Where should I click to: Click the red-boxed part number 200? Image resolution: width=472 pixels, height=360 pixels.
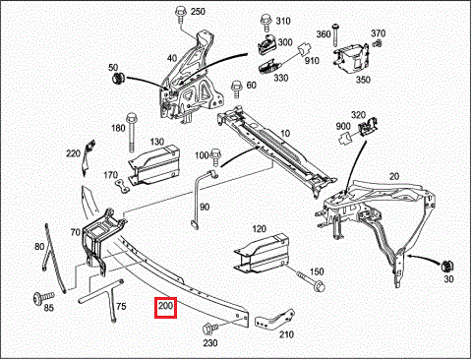pyautogui.click(x=164, y=308)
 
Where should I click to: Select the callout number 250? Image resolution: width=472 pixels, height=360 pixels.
pyautogui.click(x=198, y=12)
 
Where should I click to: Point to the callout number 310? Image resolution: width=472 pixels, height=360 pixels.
pyautogui.click(x=283, y=21)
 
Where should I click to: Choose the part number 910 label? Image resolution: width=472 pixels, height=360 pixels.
pyautogui.click(x=312, y=62)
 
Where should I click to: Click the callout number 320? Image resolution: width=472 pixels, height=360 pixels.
pyautogui.click(x=358, y=114)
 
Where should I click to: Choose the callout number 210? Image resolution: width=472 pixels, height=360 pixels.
pyautogui.click(x=286, y=333)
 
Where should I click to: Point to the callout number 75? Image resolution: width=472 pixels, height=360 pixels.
pyautogui.click(x=121, y=306)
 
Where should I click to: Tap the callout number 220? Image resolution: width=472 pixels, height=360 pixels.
pyautogui.click(x=73, y=153)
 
